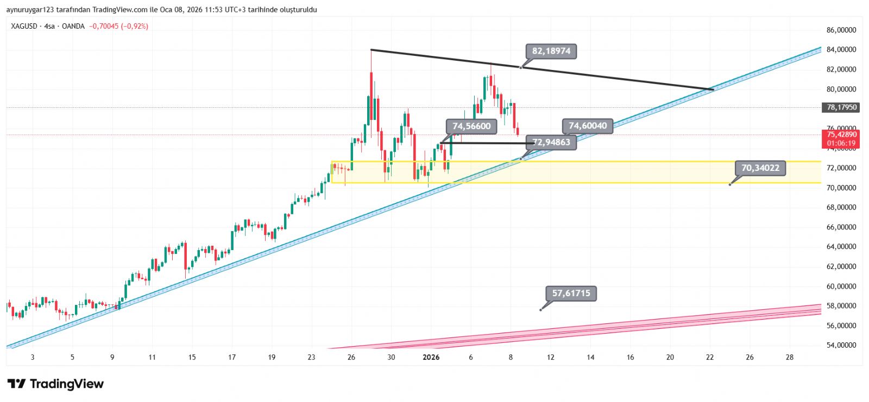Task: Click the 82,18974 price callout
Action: coord(551,52)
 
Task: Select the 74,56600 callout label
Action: coord(471,126)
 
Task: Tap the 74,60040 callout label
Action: coord(587,126)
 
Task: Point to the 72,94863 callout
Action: coord(551,143)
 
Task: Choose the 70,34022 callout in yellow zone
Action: coord(760,168)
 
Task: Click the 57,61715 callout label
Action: coord(571,293)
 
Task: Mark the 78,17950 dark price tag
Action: coord(841,107)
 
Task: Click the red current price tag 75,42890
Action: coord(841,135)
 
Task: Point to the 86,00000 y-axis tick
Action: coord(841,30)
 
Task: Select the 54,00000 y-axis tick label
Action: coord(841,345)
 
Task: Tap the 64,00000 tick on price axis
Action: coord(841,247)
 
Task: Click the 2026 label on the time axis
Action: coord(431,357)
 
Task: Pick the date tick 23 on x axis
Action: coord(311,357)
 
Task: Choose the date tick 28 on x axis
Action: coord(790,357)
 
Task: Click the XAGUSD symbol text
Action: coord(24,26)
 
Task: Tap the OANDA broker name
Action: coord(73,26)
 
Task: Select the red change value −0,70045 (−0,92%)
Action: coord(118,26)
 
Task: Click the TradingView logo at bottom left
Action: coord(55,384)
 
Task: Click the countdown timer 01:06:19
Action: coord(841,143)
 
